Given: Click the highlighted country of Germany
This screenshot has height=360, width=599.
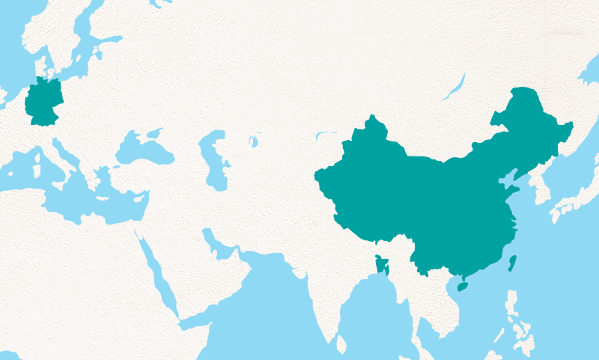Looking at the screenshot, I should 43,104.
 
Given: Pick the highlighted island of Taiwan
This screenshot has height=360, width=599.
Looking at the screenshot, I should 512,263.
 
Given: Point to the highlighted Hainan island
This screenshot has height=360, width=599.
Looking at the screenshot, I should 461,286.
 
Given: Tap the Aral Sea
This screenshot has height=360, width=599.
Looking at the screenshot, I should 254,140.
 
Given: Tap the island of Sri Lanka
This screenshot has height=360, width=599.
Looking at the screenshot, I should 341,344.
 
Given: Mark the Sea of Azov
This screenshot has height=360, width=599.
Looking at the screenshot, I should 154,134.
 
